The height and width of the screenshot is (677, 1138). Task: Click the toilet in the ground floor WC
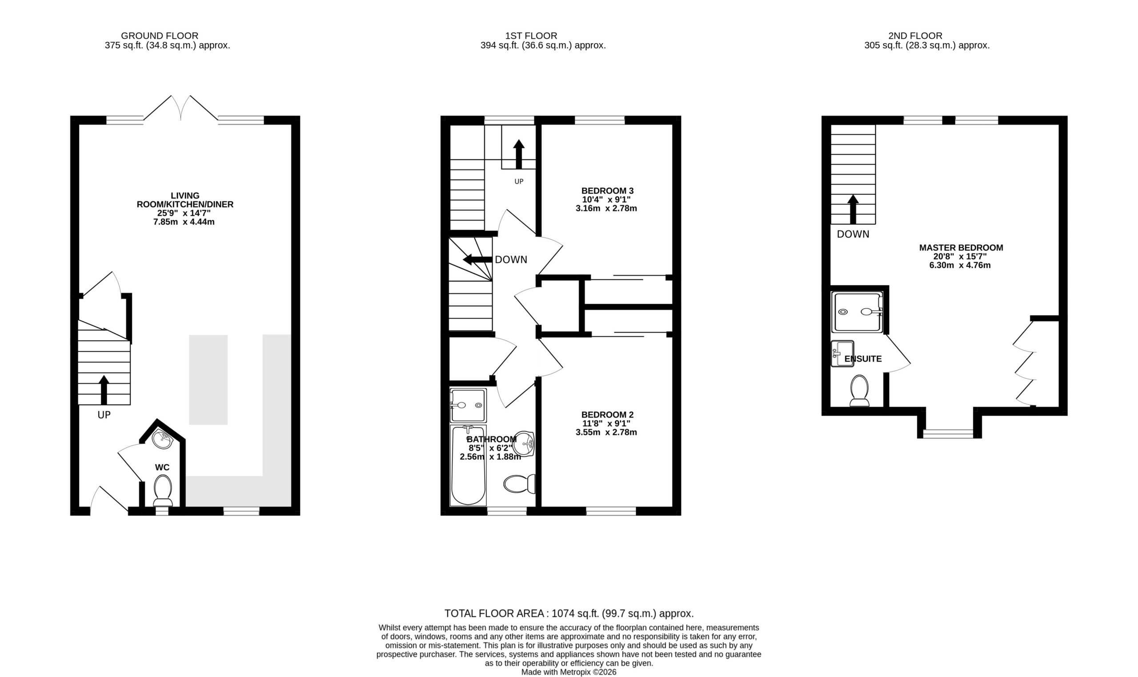point(163,491)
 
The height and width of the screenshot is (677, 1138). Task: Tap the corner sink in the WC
point(162,439)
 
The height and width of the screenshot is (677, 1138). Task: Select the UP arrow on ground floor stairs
point(104,390)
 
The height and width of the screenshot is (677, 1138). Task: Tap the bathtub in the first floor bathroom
point(468,465)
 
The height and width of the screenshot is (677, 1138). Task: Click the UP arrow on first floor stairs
point(519,154)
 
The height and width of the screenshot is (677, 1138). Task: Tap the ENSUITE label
point(863,359)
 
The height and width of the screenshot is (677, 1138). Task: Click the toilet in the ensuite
point(859,391)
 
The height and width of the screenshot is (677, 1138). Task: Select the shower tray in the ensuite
point(858,312)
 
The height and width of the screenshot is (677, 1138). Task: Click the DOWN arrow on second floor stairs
point(853,210)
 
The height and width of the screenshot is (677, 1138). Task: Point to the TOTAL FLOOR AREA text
point(569,613)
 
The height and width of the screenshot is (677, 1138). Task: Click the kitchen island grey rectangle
point(208,380)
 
